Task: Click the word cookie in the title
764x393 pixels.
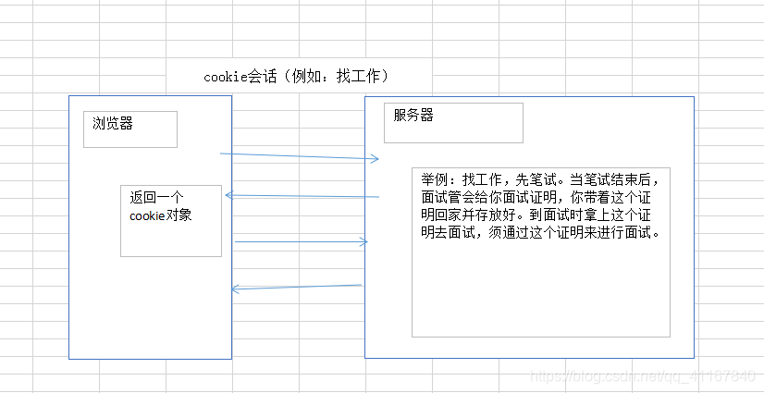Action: [226, 77]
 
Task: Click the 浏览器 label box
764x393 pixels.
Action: [129, 129]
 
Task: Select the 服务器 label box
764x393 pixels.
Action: [453, 122]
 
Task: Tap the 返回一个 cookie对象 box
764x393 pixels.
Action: [171, 220]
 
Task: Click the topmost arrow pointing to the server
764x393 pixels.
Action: [300, 156]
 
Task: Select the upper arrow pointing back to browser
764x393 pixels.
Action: [302, 196]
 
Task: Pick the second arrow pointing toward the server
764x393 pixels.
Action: [302, 242]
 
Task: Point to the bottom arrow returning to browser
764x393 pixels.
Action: [296, 288]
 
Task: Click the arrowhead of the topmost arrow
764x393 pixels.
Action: [375, 159]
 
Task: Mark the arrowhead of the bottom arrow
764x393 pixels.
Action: [235, 289]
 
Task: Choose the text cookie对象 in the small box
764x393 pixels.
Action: [161, 216]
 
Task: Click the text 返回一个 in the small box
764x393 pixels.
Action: [156, 198]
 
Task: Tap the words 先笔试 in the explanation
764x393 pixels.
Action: [536, 179]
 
